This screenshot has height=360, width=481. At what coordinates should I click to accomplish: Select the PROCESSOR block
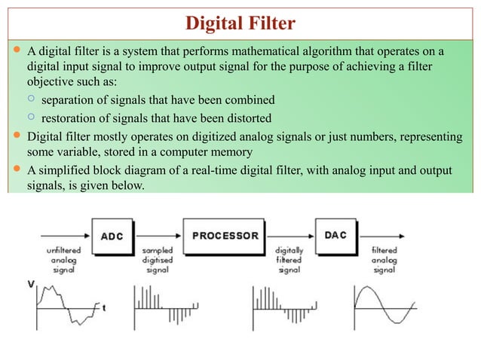[x=225, y=235]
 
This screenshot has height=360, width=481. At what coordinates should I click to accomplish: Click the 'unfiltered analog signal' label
[x=63, y=258]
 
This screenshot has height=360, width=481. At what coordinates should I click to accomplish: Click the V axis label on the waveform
[x=31, y=283]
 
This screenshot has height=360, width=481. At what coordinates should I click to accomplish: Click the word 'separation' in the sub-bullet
[x=67, y=99]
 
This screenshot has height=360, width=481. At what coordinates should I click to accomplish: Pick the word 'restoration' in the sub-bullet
[x=68, y=117]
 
